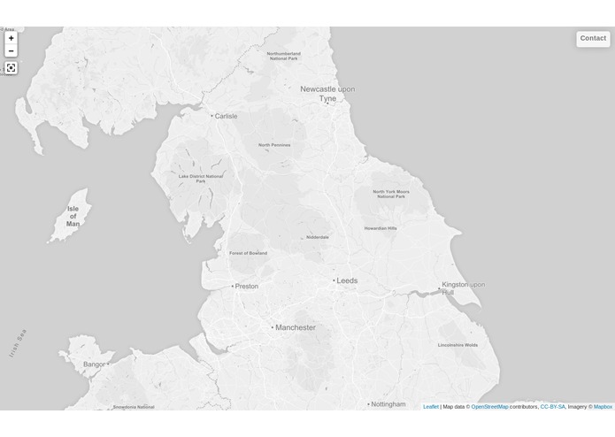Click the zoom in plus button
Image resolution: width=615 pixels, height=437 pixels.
click(11, 38)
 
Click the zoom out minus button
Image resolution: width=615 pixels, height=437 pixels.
click(11, 51)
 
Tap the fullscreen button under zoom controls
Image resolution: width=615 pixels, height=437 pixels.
click(11, 68)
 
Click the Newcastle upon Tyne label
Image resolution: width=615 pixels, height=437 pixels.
click(327, 94)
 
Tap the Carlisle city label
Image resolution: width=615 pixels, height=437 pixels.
click(226, 116)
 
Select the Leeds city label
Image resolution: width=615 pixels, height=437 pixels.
click(347, 280)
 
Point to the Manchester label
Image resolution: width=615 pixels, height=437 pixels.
click(295, 327)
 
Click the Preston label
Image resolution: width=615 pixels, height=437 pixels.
click(247, 286)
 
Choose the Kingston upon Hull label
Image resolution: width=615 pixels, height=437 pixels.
click(463, 287)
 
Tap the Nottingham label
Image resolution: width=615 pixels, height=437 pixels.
click(388, 404)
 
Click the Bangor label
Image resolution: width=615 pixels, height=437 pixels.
click(94, 364)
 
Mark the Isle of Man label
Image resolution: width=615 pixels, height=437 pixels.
click(73, 217)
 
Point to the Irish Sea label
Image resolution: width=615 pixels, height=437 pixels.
click(19, 343)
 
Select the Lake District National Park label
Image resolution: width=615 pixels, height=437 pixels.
click(201, 179)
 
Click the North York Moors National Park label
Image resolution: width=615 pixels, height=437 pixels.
click(390, 194)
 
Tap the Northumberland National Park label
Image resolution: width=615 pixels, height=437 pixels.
click(284, 56)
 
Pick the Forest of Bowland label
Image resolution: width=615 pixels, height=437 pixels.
click(248, 253)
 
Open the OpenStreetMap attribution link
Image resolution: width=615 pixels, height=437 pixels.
click(489, 407)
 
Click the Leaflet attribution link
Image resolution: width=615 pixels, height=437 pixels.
click(430, 407)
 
